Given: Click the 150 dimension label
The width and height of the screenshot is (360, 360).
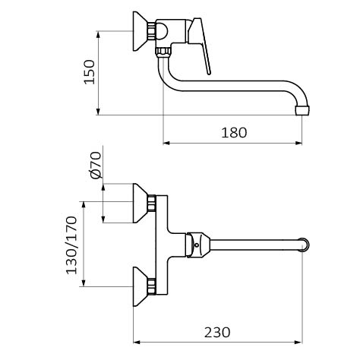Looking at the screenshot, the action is tap(90, 72).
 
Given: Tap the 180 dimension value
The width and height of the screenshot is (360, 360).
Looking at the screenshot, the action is tap(234, 133).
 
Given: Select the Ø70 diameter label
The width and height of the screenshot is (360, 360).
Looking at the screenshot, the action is tap(96, 165).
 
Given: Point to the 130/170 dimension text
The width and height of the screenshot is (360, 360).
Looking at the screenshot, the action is tap(71, 245).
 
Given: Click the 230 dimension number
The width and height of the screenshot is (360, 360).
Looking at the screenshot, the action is tap(217, 333).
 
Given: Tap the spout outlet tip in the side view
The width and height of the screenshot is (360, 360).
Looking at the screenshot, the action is tap(302, 110).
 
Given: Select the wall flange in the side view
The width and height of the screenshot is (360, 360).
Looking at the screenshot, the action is tap(140, 31).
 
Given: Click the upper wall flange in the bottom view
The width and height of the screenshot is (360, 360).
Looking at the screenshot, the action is tap(140, 204).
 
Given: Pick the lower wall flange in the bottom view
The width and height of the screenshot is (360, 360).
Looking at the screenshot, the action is tap(140, 286).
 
